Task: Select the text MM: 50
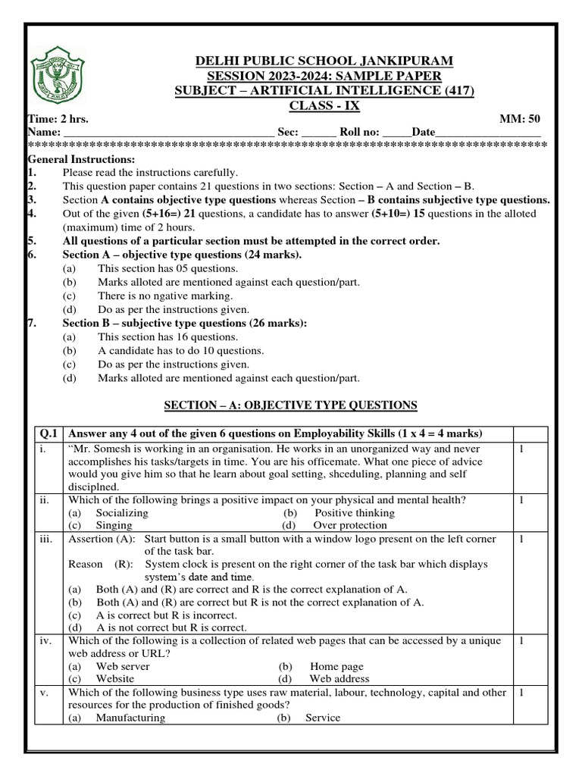click(x=520, y=119)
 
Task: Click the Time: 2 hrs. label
click(x=56, y=119)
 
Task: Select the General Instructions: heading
click(x=81, y=159)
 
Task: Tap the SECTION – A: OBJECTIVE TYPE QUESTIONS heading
click(x=290, y=405)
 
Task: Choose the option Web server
click(x=122, y=667)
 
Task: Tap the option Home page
click(x=336, y=667)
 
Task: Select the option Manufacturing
click(x=130, y=718)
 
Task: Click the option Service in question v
click(x=323, y=718)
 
